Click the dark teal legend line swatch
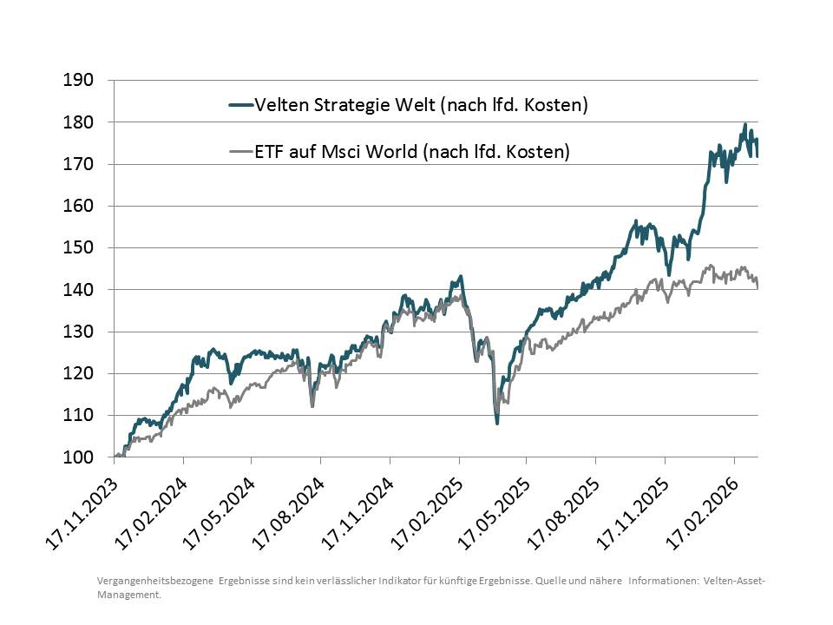(240, 105)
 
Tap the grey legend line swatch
(240, 152)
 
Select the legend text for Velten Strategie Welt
(422, 105)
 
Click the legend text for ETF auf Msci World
(412, 152)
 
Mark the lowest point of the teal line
(497, 423)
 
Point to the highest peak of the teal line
(744, 125)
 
